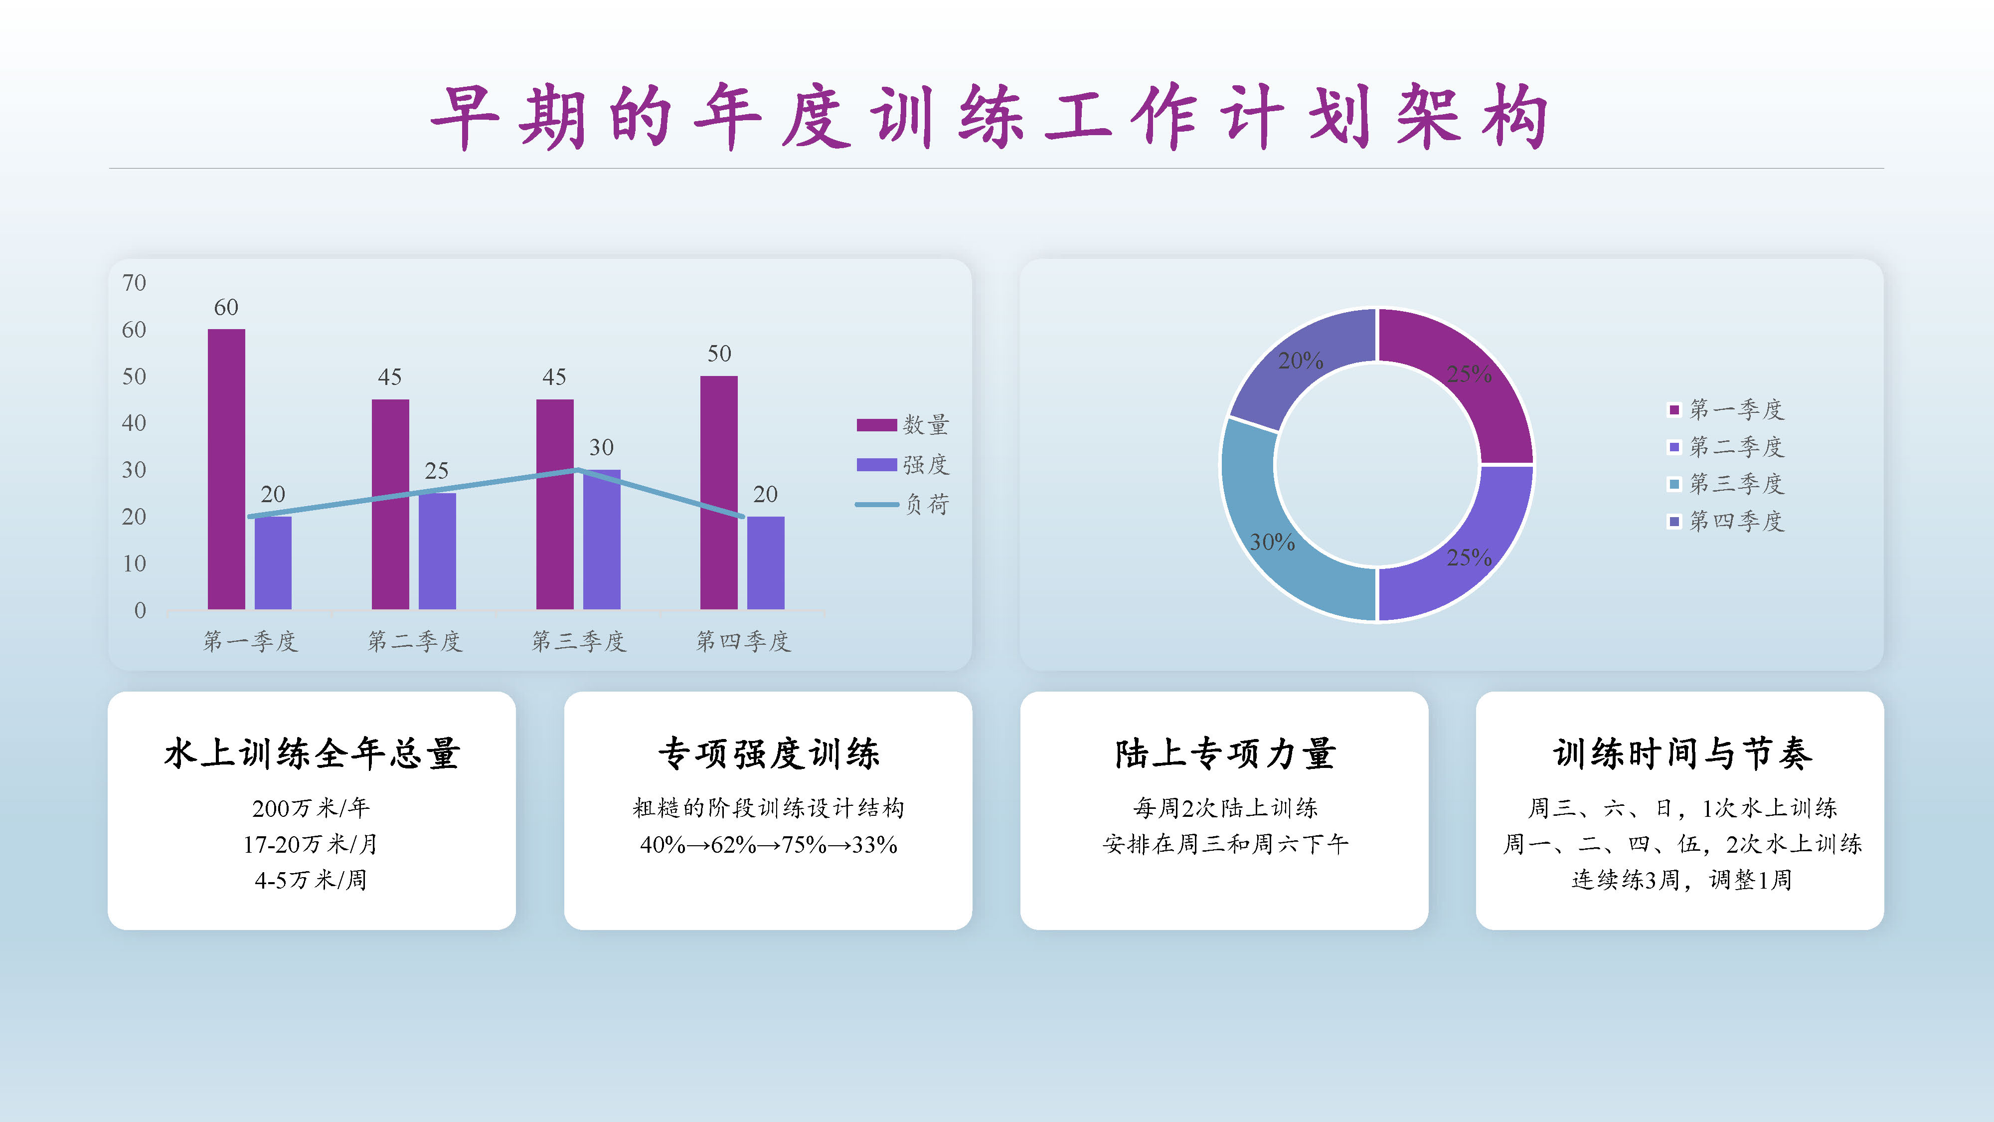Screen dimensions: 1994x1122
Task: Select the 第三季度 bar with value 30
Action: coord(602,540)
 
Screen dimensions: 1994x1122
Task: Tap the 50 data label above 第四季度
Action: coord(719,354)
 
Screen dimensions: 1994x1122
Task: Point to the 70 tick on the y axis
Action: coord(134,283)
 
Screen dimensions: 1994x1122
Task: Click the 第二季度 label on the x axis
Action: coord(415,641)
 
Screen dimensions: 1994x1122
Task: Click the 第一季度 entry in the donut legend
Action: coord(1725,409)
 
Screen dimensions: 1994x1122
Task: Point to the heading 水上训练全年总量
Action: coord(312,753)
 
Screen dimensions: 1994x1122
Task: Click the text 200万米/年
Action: coord(311,808)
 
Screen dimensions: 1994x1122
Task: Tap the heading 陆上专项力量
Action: coord(1225,753)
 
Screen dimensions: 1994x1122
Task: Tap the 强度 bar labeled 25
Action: coord(437,552)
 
